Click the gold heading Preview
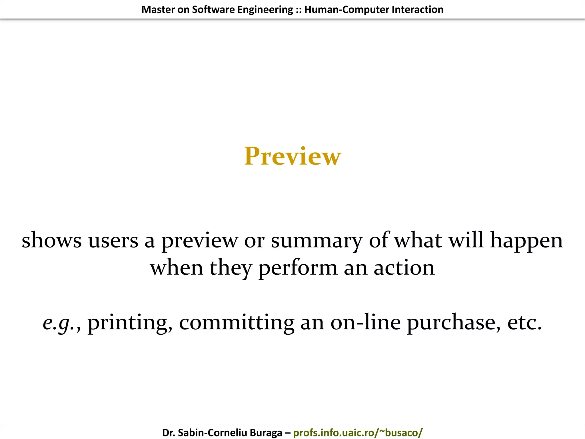coord(292,156)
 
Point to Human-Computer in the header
coord(347,10)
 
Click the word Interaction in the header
coord(417,10)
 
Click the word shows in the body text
coord(51,240)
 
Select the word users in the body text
coord(113,240)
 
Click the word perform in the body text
coord(298,268)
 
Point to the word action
coord(404,268)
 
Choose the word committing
coord(237,323)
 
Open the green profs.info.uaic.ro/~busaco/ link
coord(358,433)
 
